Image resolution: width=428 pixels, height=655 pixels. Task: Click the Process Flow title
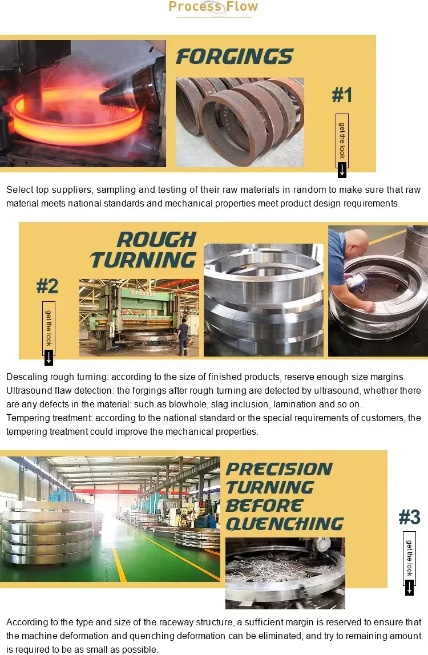pyautogui.click(x=213, y=7)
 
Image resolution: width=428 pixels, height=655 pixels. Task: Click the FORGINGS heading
pyautogui.click(x=234, y=56)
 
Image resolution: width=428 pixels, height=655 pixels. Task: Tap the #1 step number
pyautogui.click(x=342, y=95)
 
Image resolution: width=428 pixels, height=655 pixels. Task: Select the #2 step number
pyautogui.click(x=47, y=286)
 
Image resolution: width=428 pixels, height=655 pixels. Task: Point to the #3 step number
pyautogui.click(x=409, y=517)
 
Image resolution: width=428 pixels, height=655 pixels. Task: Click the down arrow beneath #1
pyautogui.click(x=342, y=169)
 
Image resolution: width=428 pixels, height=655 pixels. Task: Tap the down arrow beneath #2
pyautogui.click(x=49, y=357)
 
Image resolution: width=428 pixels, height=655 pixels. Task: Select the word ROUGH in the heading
pyautogui.click(x=156, y=240)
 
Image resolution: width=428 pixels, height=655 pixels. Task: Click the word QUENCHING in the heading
pyautogui.click(x=285, y=524)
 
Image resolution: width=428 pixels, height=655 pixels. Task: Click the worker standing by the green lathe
pyautogui.click(x=183, y=336)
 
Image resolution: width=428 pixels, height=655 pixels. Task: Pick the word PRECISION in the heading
pyautogui.click(x=279, y=469)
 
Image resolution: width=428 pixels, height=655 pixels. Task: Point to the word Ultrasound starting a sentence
pyautogui.click(x=27, y=391)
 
